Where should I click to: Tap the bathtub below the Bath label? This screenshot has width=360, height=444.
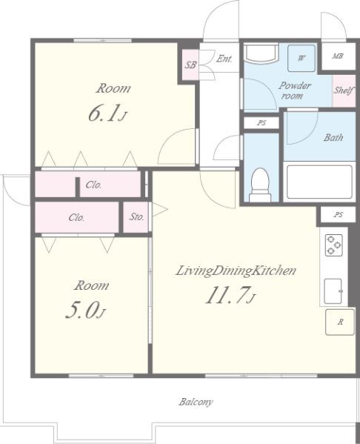pos(319,182)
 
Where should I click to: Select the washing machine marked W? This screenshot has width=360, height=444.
pos(301,59)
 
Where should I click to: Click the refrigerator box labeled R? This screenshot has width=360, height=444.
pos(340,322)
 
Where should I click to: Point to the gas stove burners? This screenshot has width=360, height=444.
pos(333,245)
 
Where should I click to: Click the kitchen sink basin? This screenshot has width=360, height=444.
pos(333,291)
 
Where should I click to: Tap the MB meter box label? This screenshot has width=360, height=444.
pos(338,56)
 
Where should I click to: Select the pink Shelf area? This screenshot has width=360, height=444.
pos(344,91)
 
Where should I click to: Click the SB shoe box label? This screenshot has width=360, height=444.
pos(190,64)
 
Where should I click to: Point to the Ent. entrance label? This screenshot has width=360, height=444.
pos(224,59)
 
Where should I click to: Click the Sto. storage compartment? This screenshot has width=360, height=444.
pos(136,217)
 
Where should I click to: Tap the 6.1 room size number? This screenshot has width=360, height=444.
pos(103,114)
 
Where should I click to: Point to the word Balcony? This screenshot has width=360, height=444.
pos(196,402)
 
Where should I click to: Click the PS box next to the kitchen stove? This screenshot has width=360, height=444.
pos(338,214)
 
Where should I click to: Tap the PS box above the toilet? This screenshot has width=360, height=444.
pos(261,123)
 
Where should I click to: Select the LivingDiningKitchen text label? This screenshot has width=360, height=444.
pos(236,271)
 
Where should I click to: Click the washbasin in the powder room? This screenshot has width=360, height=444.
pos(261,53)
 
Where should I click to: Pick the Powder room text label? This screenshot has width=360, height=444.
pos(294,90)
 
